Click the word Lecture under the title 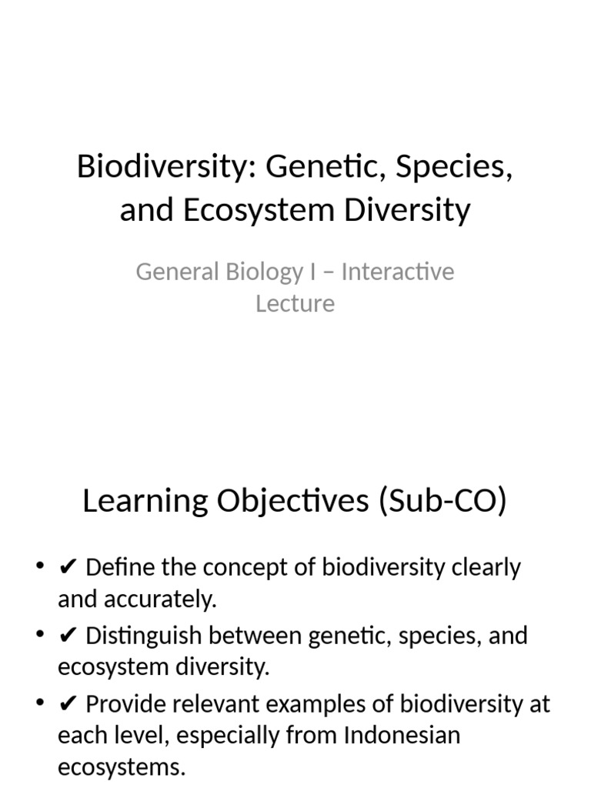coord(295,303)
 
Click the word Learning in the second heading coord(144,501)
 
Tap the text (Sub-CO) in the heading coord(442,501)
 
